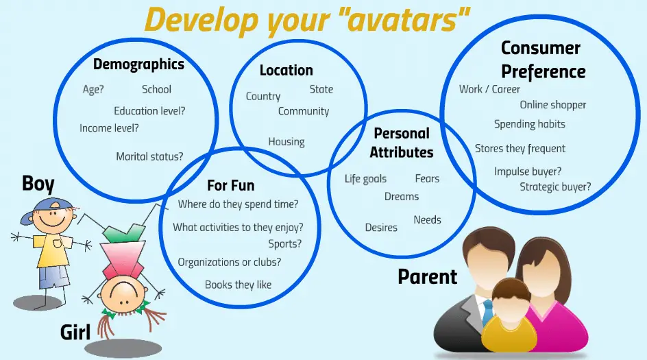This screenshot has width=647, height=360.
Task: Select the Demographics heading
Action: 138,64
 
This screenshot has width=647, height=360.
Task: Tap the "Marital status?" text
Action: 149,156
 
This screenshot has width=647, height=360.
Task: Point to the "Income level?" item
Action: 109,128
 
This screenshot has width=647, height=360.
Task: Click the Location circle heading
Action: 286,70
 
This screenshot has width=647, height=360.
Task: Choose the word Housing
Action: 286,142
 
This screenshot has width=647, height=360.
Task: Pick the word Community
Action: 304,111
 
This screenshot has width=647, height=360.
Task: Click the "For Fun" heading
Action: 231,185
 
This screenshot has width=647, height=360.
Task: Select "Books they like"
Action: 238,285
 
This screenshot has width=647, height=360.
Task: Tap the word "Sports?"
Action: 284,243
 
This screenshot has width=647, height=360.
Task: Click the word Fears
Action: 427,178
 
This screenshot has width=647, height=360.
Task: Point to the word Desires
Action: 381,228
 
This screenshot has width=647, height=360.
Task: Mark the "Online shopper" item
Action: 553,105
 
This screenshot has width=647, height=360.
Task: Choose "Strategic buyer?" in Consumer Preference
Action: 555,187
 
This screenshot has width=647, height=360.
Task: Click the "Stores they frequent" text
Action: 520,149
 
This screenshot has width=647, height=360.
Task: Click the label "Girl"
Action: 75,333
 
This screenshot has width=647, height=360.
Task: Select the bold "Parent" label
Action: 428,276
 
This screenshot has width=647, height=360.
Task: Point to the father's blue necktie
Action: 488,312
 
